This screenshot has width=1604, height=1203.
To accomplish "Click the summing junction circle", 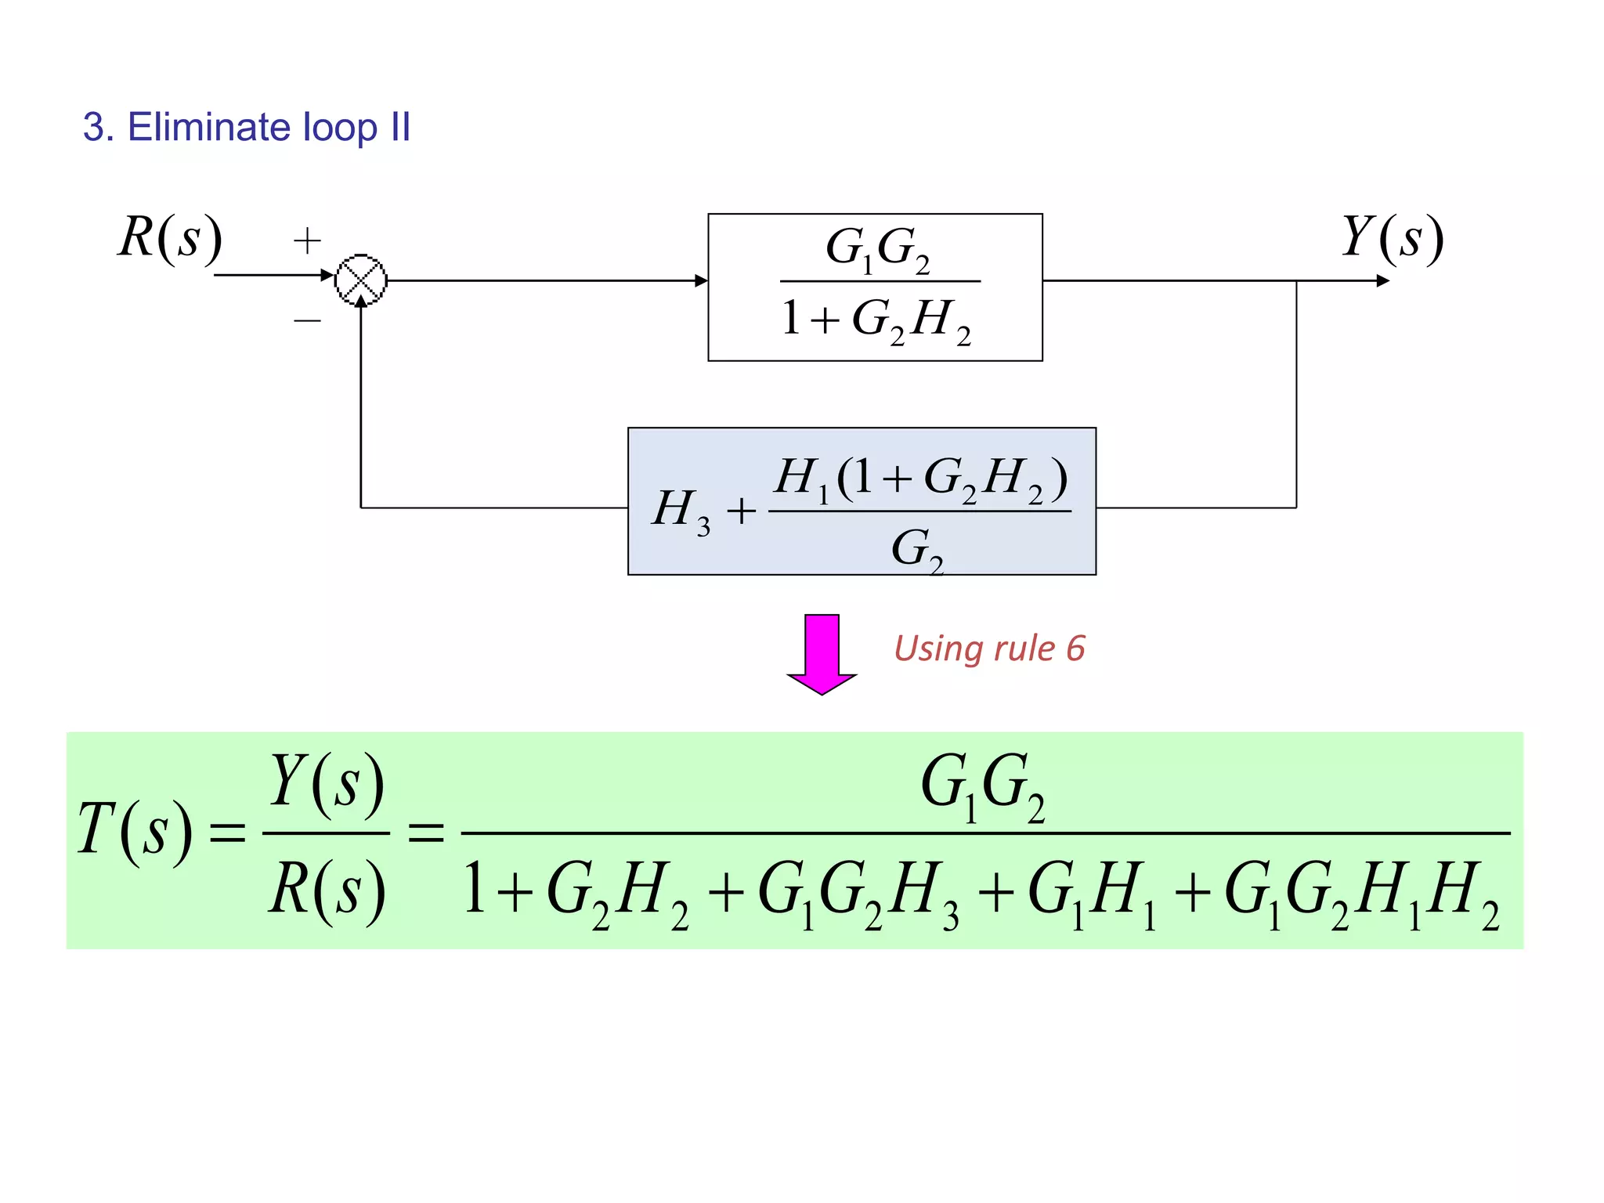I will (x=361, y=280).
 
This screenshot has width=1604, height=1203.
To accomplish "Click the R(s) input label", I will (x=170, y=237).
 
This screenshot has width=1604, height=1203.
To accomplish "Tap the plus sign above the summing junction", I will (x=307, y=240).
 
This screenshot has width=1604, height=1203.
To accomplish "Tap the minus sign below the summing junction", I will (x=307, y=320).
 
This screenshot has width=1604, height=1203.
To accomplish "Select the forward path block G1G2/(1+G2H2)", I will (x=875, y=287).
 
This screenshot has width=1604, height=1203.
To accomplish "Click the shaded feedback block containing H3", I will (x=862, y=501).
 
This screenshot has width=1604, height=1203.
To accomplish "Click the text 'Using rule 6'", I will (x=989, y=648).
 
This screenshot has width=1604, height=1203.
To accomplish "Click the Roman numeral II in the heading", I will (x=400, y=127).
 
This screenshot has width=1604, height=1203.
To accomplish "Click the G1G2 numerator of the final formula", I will (x=982, y=785).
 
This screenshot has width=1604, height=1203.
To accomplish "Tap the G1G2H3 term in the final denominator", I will (x=858, y=893).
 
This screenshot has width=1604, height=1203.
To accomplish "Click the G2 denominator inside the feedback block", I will (x=916, y=548).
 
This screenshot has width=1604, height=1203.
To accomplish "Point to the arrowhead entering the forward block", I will (x=701, y=280).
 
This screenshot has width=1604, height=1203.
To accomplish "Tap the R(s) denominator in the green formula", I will (x=327, y=891).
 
